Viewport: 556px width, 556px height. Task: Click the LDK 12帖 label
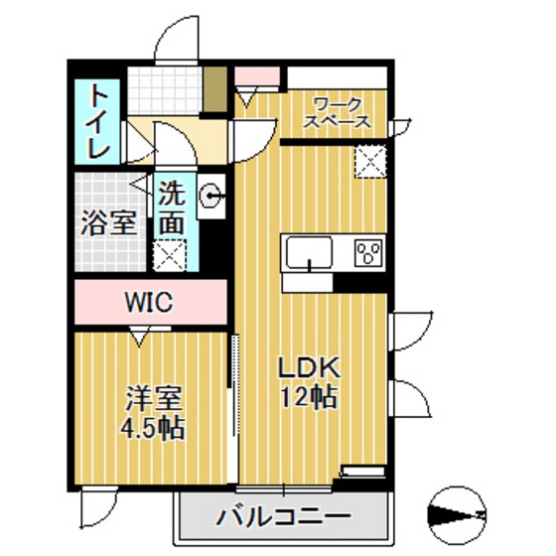click(x=309, y=383)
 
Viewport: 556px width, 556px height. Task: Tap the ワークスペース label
click(x=339, y=111)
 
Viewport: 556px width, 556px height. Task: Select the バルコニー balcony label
click(x=284, y=518)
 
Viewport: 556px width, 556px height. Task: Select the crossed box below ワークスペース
click(x=370, y=159)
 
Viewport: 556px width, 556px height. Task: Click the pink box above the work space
click(x=247, y=76)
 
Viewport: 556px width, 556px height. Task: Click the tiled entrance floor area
click(x=166, y=91)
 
